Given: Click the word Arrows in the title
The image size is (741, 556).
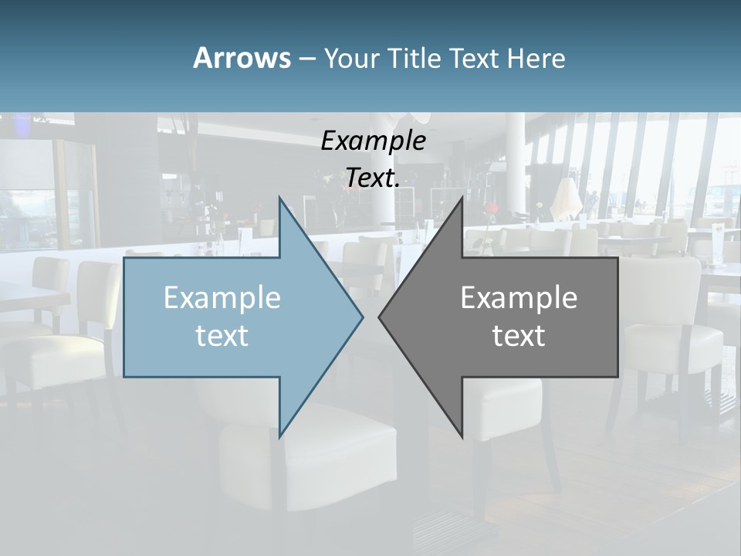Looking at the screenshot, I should [x=242, y=58].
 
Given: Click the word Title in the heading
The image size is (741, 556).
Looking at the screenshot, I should [x=414, y=58].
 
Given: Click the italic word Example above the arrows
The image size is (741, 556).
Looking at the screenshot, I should [x=373, y=141].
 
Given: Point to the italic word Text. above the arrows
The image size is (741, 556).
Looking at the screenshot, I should [x=373, y=178].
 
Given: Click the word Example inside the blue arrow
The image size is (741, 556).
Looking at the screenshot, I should [x=222, y=298].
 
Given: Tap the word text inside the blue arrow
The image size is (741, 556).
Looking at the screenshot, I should [x=222, y=336].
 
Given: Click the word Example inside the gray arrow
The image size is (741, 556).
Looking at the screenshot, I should [x=519, y=298].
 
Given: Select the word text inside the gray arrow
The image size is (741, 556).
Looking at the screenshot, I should [x=519, y=336].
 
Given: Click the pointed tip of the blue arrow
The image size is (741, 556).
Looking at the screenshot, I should [x=362, y=317].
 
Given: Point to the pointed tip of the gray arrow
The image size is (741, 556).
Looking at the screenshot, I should [x=380, y=317].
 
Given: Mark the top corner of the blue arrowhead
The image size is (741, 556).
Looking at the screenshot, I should [x=279, y=198].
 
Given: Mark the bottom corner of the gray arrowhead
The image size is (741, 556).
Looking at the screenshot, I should [x=462, y=436].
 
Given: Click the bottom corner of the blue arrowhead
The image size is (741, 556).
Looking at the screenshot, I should [x=279, y=436].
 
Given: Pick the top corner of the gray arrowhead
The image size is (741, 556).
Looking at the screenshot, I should [x=462, y=198].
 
